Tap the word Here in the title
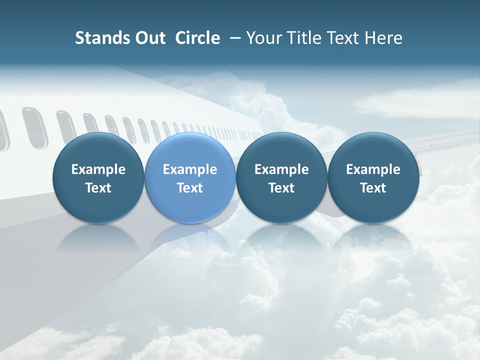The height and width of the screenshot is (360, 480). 384,38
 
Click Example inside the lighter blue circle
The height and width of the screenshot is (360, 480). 190,169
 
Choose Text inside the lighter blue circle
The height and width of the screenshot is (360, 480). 190,188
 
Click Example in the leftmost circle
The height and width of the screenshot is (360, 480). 98,169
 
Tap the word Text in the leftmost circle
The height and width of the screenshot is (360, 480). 98,188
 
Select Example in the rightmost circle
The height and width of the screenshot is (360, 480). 373,169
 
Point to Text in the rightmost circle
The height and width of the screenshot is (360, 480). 373,188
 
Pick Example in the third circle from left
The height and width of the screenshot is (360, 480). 281,169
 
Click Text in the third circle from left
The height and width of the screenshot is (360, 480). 281,188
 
